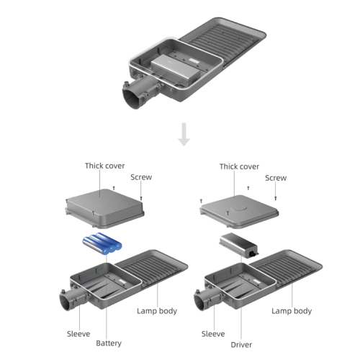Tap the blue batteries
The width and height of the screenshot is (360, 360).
pos(101,244)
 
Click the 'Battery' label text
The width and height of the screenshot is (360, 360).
pos(108,343)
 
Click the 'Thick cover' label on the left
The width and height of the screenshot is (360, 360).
pos(104,166)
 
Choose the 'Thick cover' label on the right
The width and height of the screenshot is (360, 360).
pos(239,166)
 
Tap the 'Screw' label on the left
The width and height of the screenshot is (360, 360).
pos(141,177)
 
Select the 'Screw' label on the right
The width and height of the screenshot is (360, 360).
pos(276,178)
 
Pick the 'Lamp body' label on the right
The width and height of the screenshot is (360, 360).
pos(292,311)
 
